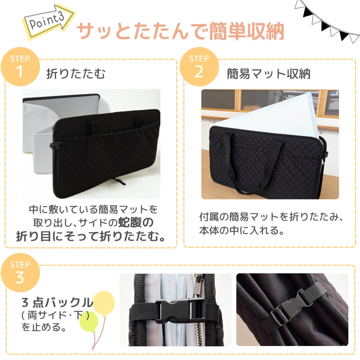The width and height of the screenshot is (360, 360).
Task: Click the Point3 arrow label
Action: (48, 22)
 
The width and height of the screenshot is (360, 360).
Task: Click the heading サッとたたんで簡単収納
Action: (180, 32)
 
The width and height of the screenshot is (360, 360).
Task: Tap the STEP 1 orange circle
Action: (20, 67)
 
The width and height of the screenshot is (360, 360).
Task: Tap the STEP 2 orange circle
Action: (199, 67)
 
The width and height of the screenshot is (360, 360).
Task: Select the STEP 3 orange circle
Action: (20, 273)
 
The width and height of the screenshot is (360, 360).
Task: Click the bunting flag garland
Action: (327, 20)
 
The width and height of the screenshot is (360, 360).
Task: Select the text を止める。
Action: (43, 326)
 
